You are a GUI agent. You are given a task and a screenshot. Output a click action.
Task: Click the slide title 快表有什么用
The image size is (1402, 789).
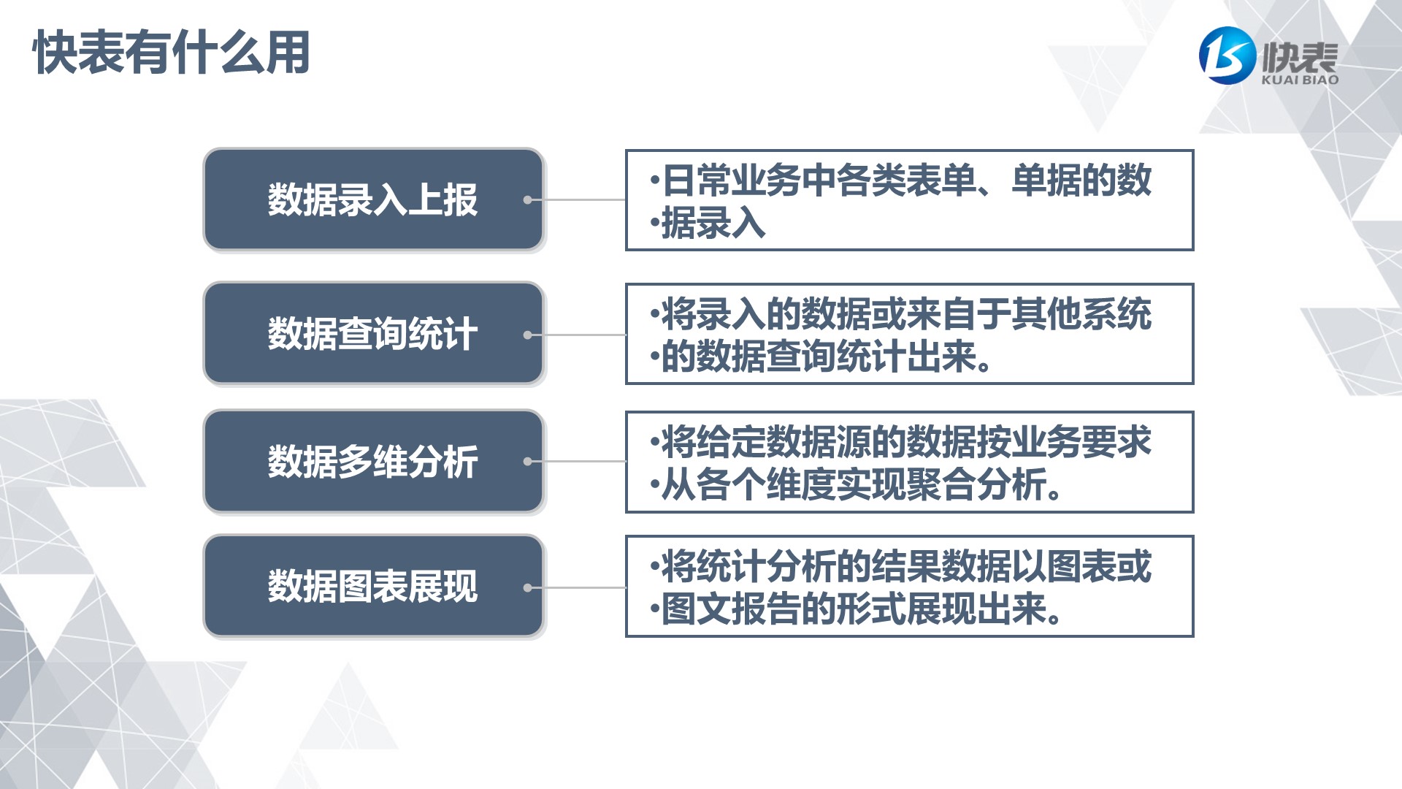[x=172, y=53]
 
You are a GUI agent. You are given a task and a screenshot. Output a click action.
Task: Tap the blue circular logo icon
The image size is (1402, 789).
[x=1227, y=56]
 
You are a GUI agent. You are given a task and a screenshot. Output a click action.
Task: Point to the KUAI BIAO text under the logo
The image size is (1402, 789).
[x=1300, y=80]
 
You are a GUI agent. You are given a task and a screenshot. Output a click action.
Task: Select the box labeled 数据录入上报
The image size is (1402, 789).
[x=374, y=199]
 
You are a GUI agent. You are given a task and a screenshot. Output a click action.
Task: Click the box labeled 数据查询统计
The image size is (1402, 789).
[x=374, y=334]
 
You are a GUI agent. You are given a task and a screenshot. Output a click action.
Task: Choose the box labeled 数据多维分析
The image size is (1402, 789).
[x=374, y=461]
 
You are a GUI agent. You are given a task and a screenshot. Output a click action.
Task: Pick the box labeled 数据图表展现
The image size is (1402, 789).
[x=374, y=586]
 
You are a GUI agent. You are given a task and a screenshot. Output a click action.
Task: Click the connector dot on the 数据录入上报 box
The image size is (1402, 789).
[x=528, y=199]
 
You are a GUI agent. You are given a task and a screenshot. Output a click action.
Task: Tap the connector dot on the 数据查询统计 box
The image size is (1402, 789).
[x=528, y=335]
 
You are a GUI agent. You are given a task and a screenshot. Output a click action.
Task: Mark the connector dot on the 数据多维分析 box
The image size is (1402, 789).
[x=528, y=462]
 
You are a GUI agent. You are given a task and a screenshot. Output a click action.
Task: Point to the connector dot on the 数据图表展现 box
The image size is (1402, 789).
[x=528, y=587]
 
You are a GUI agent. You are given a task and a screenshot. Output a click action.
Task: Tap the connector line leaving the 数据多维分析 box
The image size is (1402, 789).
[x=577, y=462]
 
